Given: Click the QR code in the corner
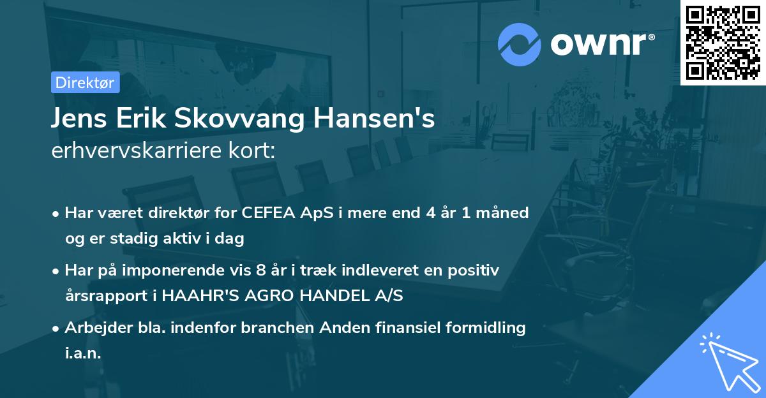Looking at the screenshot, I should (723, 42).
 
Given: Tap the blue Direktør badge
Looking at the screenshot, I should (84, 82).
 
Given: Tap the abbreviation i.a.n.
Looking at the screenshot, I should (83, 353).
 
